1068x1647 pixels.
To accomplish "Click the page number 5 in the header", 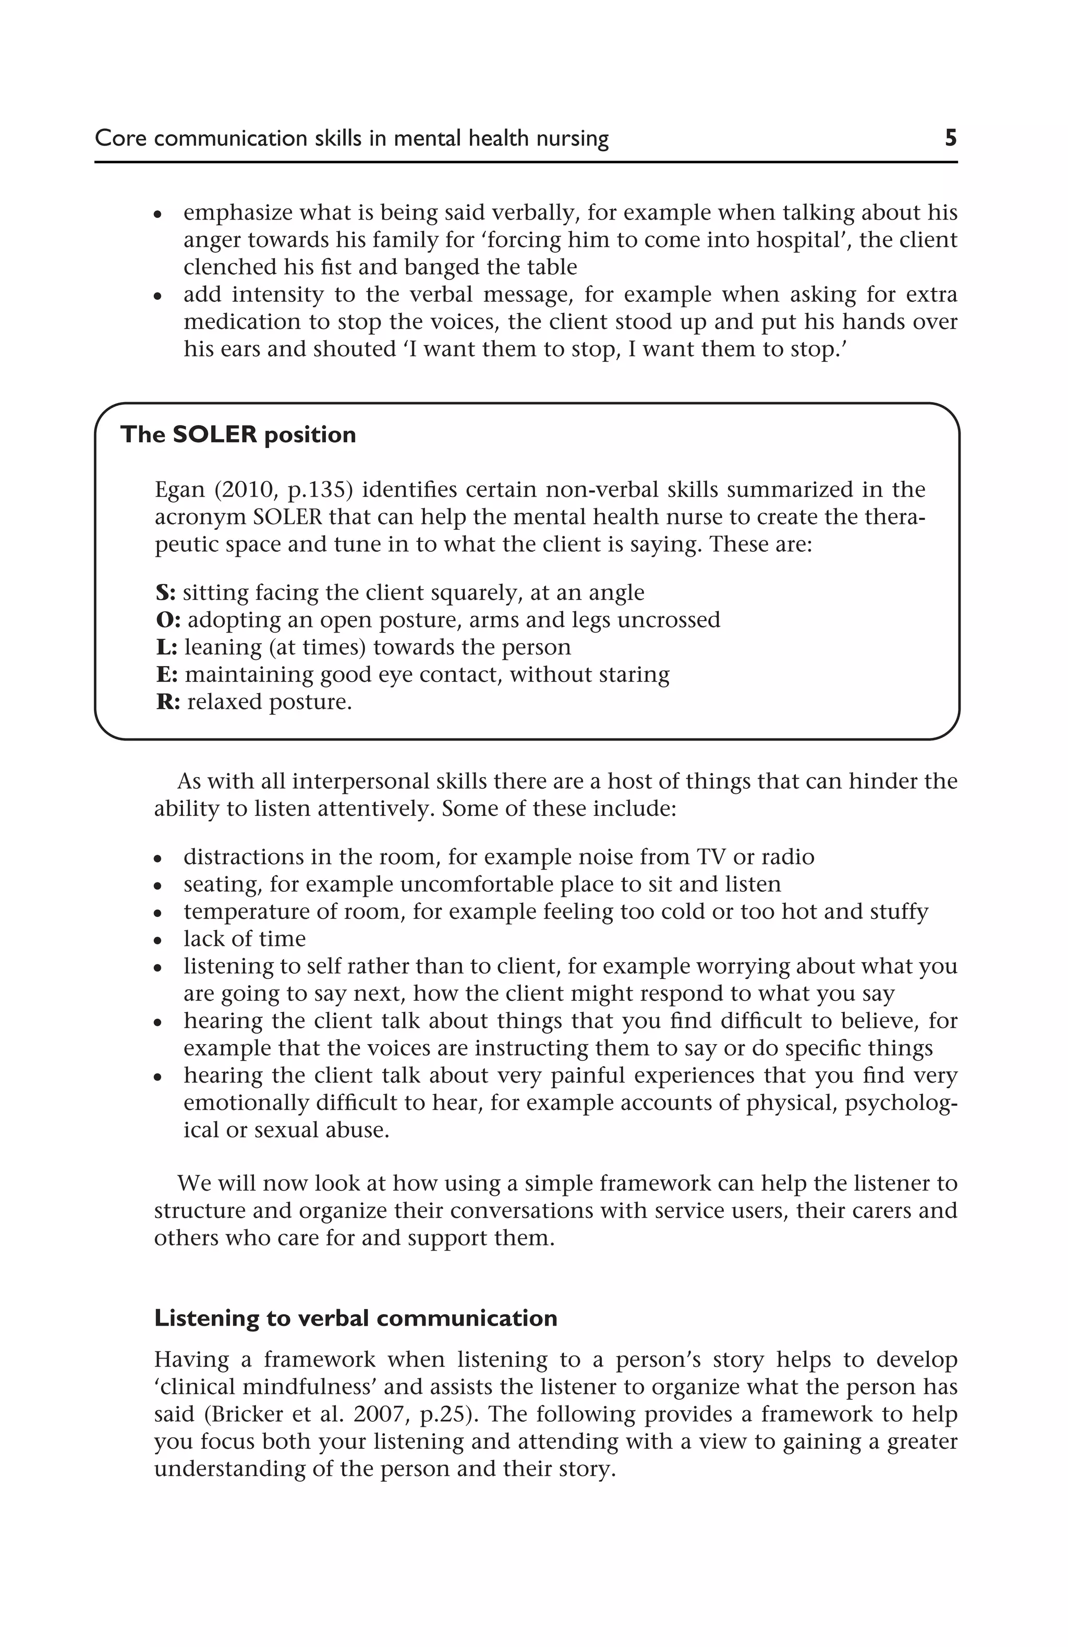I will click(x=950, y=138).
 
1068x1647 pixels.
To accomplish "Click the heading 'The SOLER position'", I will click(x=238, y=434).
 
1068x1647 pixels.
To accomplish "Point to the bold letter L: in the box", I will click(x=166, y=647).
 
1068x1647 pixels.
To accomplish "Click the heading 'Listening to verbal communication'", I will click(x=355, y=1318).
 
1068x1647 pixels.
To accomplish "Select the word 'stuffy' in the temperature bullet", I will click(x=899, y=912).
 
